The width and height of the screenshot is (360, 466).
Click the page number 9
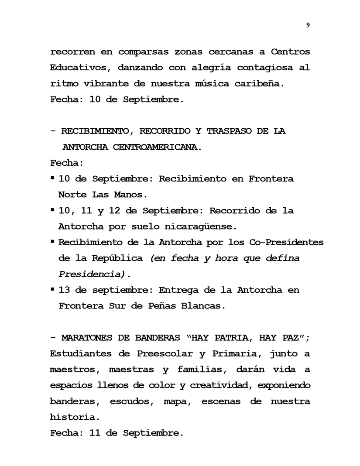click(308, 25)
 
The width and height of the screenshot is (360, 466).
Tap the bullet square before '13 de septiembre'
click(52, 289)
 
